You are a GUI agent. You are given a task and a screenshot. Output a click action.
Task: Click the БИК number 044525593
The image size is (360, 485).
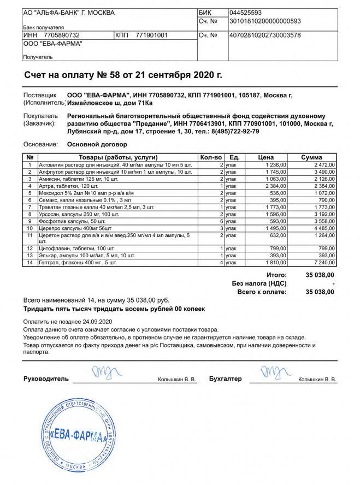246,13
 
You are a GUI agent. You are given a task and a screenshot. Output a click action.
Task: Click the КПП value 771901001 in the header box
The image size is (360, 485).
151,36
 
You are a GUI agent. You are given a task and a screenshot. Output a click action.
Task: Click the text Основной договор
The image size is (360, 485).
97,145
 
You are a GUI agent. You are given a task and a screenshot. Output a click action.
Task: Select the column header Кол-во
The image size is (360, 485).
211,157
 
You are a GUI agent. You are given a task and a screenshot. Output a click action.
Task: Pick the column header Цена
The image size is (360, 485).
266,157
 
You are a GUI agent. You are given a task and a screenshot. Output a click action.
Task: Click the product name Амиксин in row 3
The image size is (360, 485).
50,179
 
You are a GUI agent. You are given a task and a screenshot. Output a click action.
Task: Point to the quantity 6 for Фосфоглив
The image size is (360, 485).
222,221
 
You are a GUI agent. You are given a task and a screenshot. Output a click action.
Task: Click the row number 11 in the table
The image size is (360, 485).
29,235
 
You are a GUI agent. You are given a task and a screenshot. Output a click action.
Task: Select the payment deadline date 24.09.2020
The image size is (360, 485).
95,321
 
